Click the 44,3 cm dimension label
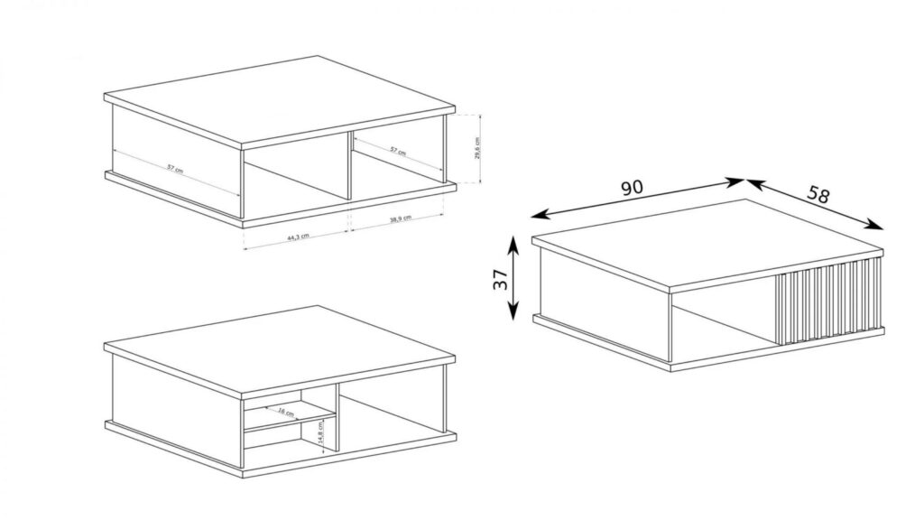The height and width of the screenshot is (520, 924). click(298, 237)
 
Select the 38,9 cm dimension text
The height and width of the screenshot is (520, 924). click(399, 219)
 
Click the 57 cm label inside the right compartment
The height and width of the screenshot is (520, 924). click(397, 153)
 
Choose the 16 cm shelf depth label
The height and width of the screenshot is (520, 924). click(286, 413)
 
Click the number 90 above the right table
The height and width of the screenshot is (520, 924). click(632, 188)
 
